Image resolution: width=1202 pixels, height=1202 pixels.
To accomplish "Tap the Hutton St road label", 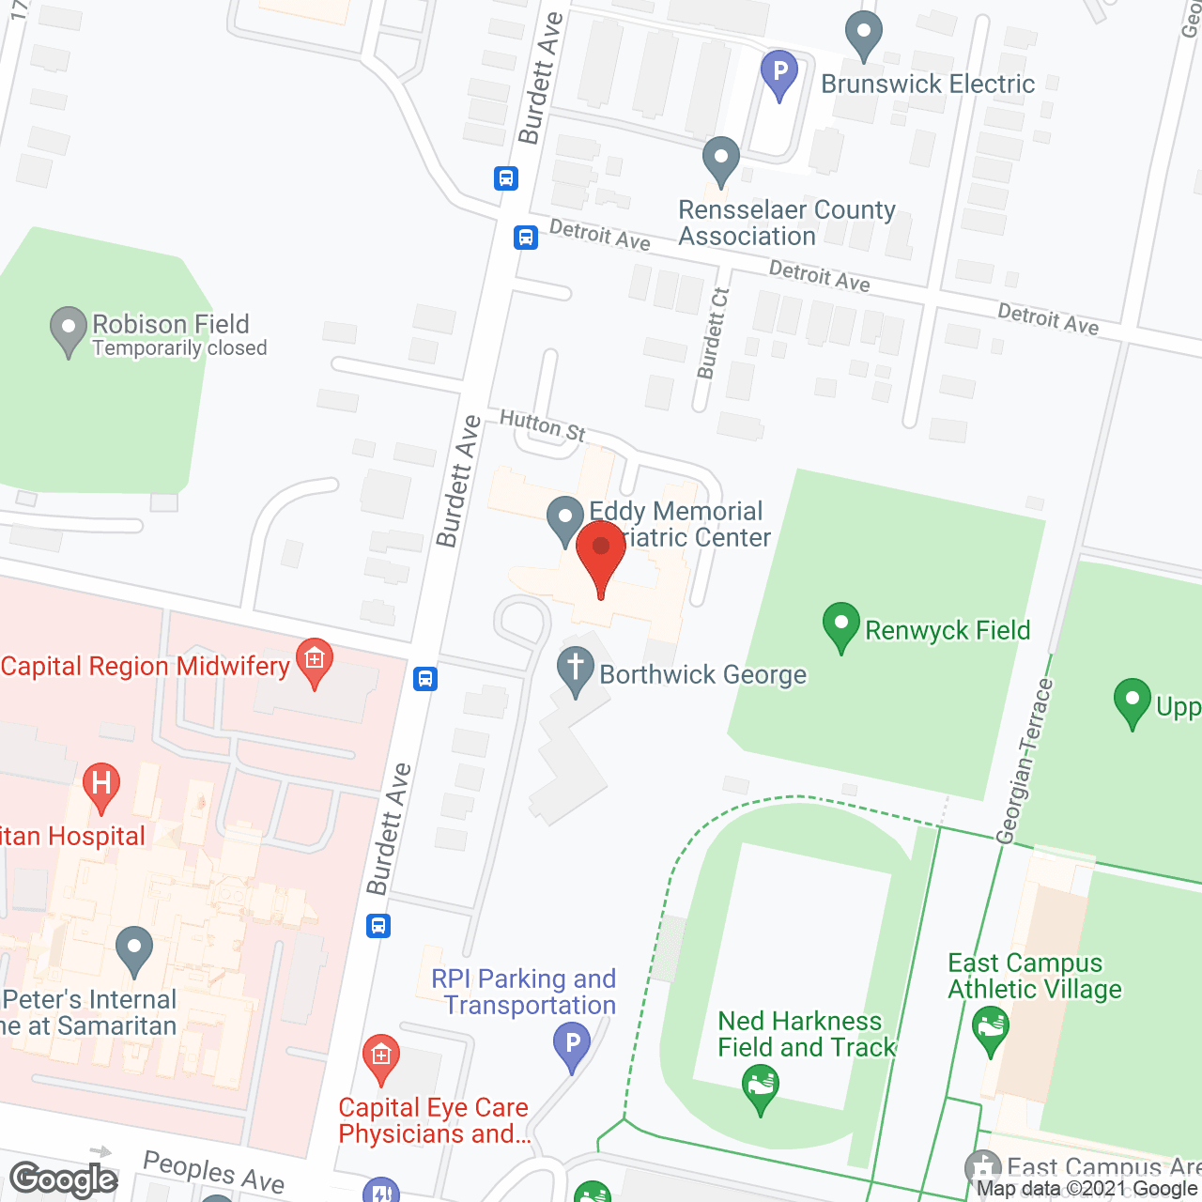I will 543,425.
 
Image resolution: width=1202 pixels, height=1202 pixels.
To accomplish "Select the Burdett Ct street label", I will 713,334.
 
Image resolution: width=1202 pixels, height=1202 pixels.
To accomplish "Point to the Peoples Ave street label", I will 213,1172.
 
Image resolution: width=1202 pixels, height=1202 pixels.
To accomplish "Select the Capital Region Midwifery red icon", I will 315,661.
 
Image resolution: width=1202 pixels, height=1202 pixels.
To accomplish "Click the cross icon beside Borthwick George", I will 576,670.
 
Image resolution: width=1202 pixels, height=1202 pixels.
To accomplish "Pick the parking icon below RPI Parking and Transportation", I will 572,1045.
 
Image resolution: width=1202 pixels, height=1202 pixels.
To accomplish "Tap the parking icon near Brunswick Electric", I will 778,73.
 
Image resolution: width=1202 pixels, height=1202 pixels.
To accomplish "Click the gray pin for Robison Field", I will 69,330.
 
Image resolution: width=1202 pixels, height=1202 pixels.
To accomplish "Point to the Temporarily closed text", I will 179,348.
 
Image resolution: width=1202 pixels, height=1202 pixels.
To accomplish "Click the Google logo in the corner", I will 64,1179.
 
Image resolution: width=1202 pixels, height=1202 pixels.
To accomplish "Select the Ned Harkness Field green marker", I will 761,1090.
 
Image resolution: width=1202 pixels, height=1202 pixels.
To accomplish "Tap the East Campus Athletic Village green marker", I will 991,1028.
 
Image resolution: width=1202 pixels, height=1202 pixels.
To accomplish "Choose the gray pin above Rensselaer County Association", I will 721,160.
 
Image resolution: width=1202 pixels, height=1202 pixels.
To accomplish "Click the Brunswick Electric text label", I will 928,84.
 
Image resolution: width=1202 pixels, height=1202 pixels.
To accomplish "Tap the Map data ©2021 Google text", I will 1087,1189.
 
